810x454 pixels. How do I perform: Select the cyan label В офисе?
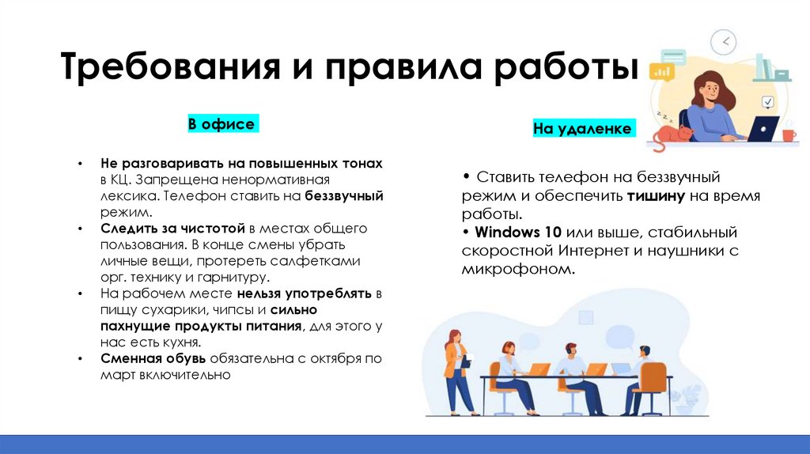coord(221,124)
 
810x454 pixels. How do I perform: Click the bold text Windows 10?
coord(519,233)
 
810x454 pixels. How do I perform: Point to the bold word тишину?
coord(656,196)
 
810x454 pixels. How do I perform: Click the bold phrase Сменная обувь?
coord(153,358)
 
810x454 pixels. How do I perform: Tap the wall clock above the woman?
coord(723,42)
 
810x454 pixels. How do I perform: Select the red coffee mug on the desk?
coord(788,135)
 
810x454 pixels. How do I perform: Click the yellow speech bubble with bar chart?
coord(660,72)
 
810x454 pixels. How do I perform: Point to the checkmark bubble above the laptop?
coord(766,102)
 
